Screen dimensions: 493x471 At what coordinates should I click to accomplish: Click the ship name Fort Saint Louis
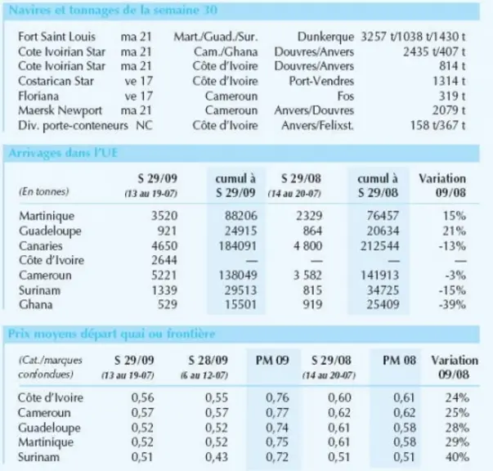pyautogui.click(x=57, y=37)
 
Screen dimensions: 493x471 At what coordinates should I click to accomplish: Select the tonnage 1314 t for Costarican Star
pyautogui.click(x=449, y=81)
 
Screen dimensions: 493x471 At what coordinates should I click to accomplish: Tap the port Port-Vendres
pyautogui.click(x=321, y=81)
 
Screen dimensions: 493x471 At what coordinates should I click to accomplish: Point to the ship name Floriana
pyautogui.click(x=38, y=96)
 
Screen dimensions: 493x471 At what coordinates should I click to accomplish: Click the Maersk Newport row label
pyautogui.click(x=60, y=110)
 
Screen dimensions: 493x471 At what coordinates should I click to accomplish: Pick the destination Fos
pyautogui.click(x=346, y=96)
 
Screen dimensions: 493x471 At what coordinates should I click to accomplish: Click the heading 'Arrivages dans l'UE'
pyautogui.click(x=63, y=153)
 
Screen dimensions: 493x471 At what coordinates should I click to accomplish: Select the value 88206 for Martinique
pyautogui.click(x=241, y=216)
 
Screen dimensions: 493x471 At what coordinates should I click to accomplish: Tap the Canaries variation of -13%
pyautogui.click(x=452, y=245)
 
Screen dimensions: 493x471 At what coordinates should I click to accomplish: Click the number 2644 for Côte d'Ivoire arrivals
pyautogui.click(x=164, y=260)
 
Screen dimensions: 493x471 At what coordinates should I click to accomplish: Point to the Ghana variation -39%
pyautogui.click(x=452, y=304)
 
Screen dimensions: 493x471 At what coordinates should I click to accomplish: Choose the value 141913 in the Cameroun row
pyautogui.click(x=379, y=275)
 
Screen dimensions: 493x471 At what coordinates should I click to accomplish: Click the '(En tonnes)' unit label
pyautogui.click(x=43, y=191)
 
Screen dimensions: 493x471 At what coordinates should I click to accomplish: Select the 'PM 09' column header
pyautogui.click(x=272, y=360)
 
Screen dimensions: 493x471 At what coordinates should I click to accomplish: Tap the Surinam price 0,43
pyautogui.click(x=217, y=457)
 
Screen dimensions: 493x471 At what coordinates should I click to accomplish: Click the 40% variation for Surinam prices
pyautogui.click(x=457, y=457)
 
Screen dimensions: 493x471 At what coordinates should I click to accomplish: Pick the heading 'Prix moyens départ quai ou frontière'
pyautogui.click(x=112, y=334)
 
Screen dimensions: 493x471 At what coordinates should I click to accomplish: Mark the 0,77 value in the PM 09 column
pyautogui.click(x=277, y=412)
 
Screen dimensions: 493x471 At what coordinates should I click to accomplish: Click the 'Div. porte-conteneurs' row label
pyautogui.click(x=73, y=125)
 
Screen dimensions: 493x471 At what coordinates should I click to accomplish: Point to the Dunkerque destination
pyautogui.click(x=325, y=37)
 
